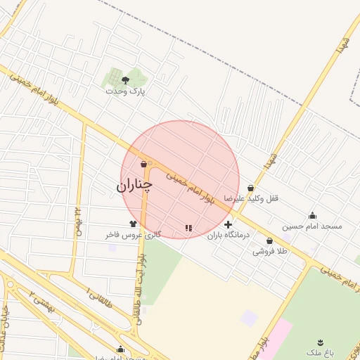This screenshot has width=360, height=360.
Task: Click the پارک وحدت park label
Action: (x=125, y=91)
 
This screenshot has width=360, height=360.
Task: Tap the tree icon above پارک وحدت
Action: (x=125, y=80)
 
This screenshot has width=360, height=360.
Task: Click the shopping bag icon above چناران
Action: (x=143, y=165)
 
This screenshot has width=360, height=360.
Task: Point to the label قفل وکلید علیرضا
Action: (x=252, y=198)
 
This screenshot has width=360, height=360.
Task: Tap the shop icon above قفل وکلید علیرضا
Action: (x=251, y=188)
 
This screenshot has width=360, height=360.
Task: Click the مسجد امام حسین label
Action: (x=312, y=226)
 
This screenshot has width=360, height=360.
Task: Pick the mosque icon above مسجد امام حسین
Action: (x=312, y=216)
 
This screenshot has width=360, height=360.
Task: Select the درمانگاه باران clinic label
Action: (x=229, y=236)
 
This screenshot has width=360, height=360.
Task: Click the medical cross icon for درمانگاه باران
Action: (x=228, y=225)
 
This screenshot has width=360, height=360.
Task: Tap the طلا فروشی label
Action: (x=270, y=251)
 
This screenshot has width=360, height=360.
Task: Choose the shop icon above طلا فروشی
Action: (x=270, y=240)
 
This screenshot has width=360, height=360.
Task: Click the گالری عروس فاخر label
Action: (x=134, y=234)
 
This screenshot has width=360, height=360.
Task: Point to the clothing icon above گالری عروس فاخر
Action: (x=132, y=224)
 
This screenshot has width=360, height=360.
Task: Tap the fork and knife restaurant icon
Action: (x=188, y=227)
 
